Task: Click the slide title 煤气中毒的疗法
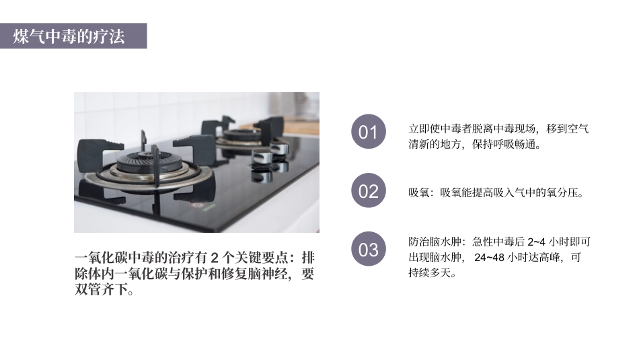(69, 36)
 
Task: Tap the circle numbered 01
(369, 132)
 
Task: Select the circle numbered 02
(369, 191)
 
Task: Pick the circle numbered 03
(369, 250)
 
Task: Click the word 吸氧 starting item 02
(418, 193)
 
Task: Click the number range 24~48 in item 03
(490, 258)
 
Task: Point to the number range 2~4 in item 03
(537, 242)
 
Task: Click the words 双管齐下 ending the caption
(100, 291)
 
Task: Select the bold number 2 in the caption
(215, 258)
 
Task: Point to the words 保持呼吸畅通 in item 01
(506, 145)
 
